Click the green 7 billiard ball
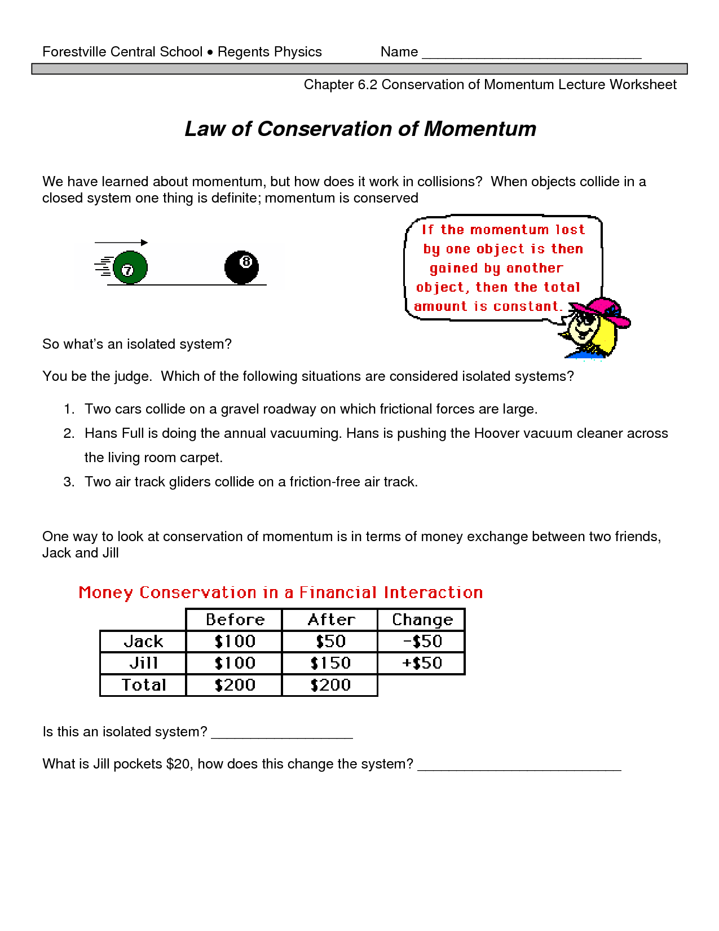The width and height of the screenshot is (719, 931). [x=130, y=267]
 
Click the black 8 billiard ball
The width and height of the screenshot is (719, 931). [x=241, y=267]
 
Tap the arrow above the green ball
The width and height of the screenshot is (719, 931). [x=121, y=243]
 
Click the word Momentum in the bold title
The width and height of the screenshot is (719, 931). [x=480, y=129]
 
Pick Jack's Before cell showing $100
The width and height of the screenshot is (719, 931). [x=235, y=642]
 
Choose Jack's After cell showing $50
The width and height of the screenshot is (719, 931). [x=330, y=642]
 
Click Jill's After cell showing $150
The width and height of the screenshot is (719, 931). [x=330, y=663]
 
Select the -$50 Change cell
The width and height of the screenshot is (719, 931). [x=422, y=642]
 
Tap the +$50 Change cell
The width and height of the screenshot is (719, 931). [x=422, y=663]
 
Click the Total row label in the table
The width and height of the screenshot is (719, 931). [x=144, y=685]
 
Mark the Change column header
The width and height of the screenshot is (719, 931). [x=422, y=620]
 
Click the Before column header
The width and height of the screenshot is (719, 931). [x=235, y=620]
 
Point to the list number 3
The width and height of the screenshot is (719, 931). [x=69, y=482]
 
